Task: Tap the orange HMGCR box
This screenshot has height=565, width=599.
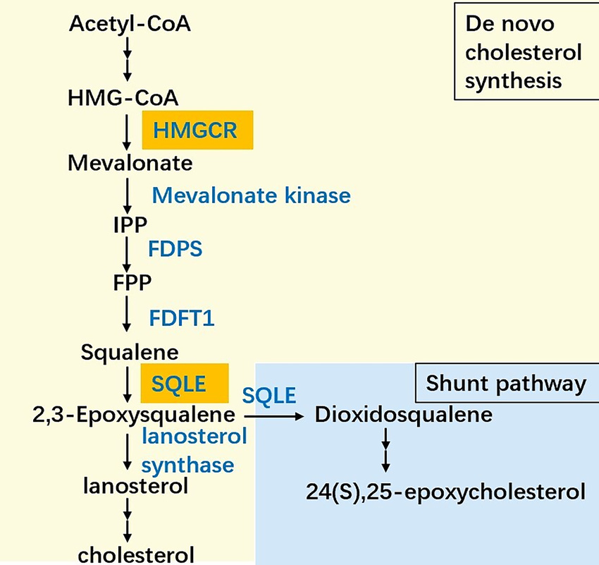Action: (197, 130)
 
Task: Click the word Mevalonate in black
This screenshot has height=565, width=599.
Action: (130, 163)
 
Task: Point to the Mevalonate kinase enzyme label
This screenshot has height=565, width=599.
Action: (251, 195)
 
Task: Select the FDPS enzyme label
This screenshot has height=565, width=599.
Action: (175, 248)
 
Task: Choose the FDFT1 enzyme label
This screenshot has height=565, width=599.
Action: (182, 318)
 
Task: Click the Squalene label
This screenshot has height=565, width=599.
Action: (130, 351)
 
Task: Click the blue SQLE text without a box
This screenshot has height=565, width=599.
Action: (269, 396)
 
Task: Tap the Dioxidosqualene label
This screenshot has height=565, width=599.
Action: (403, 415)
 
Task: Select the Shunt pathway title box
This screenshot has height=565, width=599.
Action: (506, 384)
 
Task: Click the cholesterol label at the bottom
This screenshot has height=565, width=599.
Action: (135, 554)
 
